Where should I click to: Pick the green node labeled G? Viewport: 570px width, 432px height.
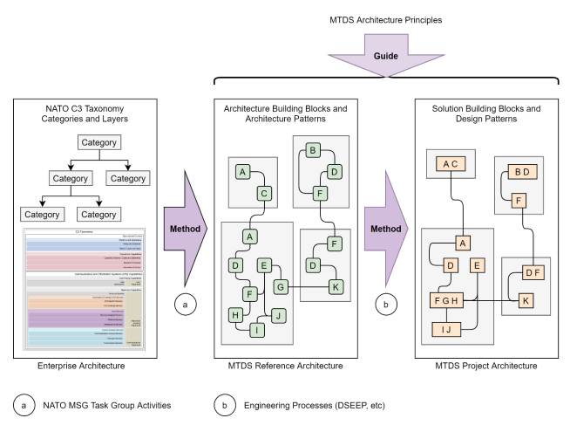(281, 286)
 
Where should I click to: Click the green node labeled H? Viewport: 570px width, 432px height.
(235, 315)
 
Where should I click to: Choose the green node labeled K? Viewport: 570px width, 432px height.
(336, 286)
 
